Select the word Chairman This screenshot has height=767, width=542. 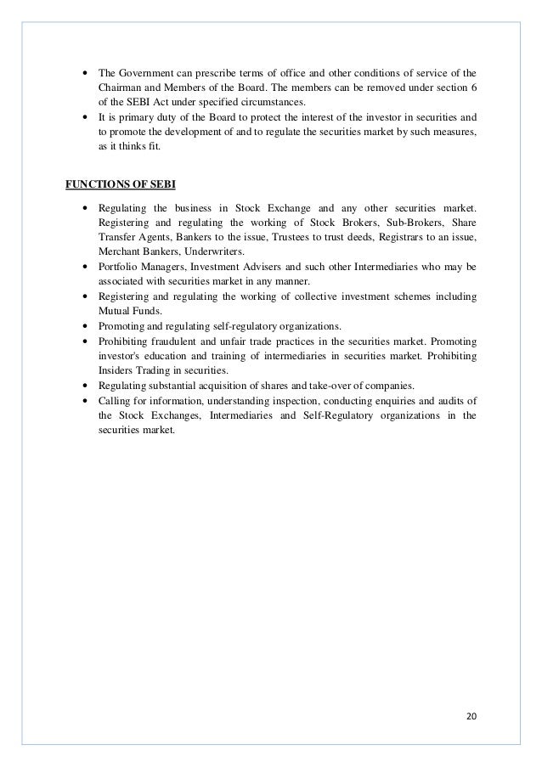click(x=120, y=87)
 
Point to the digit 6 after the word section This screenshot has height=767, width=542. click(x=473, y=87)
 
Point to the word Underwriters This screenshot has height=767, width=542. click(x=216, y=252)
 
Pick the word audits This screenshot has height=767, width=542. click(x=450, y=400)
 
